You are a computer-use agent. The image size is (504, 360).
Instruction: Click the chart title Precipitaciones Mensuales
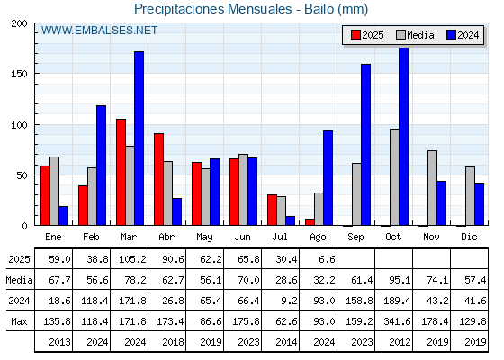coord(212,9)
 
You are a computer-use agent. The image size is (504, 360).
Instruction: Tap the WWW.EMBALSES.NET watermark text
coord(99,31)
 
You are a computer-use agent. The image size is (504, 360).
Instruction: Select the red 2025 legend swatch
coord(355,35)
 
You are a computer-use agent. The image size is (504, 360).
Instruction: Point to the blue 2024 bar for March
coord(139,139)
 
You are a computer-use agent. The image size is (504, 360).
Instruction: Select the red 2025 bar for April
coord(158,179)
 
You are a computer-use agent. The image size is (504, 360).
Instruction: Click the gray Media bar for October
coord(394,177)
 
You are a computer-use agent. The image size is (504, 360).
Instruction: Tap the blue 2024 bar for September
coord(365,145)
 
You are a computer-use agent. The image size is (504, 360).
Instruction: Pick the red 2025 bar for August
coord(310,222)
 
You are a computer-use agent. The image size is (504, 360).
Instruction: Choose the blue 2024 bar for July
coord(290,220)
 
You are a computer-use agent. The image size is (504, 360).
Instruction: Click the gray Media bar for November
coord(432,188)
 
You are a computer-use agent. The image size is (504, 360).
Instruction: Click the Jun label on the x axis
coord(242,238)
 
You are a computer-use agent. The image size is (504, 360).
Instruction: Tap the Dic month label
coord(469,237)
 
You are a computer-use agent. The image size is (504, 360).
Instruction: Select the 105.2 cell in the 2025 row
coord(132,259)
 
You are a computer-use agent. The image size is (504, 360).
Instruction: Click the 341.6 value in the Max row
coord(397,321)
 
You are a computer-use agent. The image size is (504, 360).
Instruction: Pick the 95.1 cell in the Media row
coord(400,280)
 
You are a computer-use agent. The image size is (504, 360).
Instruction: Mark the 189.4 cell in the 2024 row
coord(397,301)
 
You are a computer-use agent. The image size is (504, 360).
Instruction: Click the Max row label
coord(19,321)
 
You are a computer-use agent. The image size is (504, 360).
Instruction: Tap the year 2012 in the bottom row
coord(400,342)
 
